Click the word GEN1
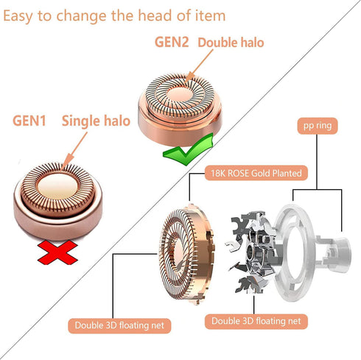29,121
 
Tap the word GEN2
172,42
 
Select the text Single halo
96,121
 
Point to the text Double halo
231,43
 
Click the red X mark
58,253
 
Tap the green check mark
189,149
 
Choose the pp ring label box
318,126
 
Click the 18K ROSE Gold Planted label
256,173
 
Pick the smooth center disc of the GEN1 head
57,186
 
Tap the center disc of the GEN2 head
179,96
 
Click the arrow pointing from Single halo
74,150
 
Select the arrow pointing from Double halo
199,66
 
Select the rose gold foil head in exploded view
186,254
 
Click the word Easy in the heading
18,16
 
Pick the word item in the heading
211,15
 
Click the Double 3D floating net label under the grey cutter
256,321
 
